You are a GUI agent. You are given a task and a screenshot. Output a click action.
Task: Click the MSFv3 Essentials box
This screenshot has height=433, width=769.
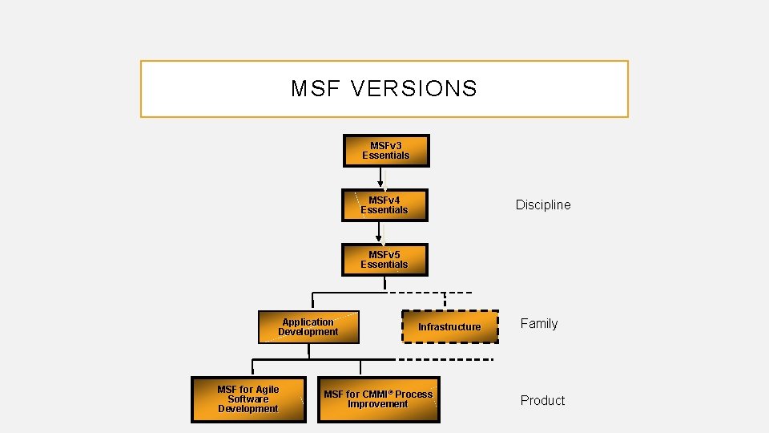[386, 151]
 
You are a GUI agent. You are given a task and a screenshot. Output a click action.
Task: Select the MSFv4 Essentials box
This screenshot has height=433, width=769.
[384, 205]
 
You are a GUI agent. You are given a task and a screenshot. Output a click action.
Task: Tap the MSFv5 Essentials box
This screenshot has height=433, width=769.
[384, 260]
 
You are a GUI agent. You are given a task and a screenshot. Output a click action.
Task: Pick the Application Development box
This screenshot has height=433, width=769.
[308, 327]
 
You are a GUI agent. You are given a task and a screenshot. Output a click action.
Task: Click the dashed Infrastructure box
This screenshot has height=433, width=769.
[449, 326]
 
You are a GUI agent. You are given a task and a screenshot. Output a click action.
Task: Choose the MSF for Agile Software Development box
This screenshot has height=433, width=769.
[248, 399]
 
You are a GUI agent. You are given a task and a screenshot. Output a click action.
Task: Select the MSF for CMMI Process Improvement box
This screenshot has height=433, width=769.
[378, 399]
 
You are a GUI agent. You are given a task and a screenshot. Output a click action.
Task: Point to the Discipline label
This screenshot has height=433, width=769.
[543, 205]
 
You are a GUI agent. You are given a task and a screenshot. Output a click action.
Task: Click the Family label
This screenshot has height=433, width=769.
[539, 324]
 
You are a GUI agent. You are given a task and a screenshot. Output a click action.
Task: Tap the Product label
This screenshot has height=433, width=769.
[542, 401]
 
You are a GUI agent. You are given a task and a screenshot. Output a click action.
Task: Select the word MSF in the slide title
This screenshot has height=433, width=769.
[309, 89]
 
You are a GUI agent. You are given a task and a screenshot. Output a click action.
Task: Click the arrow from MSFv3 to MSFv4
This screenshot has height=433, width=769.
[381, 177]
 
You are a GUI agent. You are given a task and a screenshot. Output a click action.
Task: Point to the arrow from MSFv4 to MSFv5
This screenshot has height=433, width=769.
[381, 232]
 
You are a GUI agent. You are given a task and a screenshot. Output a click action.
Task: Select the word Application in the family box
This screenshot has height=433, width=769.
[308, 322]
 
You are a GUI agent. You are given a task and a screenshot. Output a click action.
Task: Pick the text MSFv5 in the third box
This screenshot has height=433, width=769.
[384, 255]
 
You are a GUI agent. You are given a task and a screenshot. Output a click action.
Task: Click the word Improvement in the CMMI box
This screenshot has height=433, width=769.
[378, 404]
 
